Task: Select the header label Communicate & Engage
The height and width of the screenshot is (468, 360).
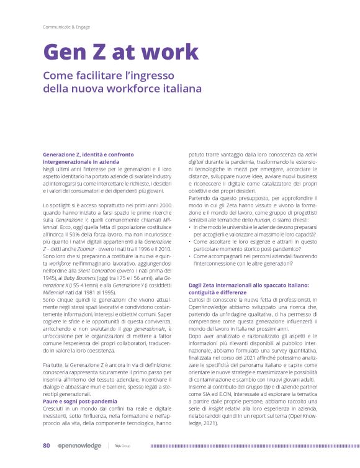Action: pyautogui.click(x=66, y=27)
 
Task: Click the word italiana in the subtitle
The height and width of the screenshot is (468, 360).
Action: pyautogui.click(x=178, y=89)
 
